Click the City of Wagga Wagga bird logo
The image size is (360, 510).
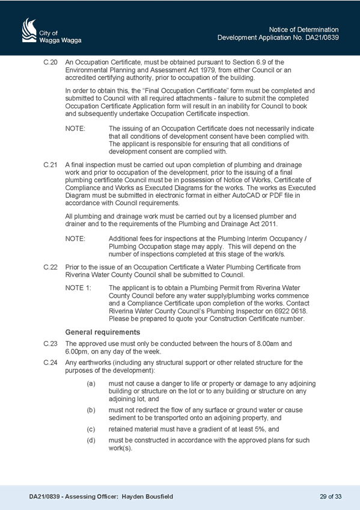coord(29,30)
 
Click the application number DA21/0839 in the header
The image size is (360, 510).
coord(322,37)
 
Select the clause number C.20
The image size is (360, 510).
coord(50,62)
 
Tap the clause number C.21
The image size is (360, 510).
coord(50,165)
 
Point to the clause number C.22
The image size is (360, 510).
coord(50,267)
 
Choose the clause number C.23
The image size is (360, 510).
coord(50,344)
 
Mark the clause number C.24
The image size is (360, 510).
coord(50,363)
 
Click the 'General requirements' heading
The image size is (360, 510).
coord(103,332)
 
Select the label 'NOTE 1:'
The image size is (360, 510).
coord(78,288)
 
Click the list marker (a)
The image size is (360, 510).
coord(91,384)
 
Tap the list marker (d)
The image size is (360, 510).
coord(91,440)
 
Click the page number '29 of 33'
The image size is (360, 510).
coord(331,497)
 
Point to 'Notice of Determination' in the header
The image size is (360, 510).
coord(304,29)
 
